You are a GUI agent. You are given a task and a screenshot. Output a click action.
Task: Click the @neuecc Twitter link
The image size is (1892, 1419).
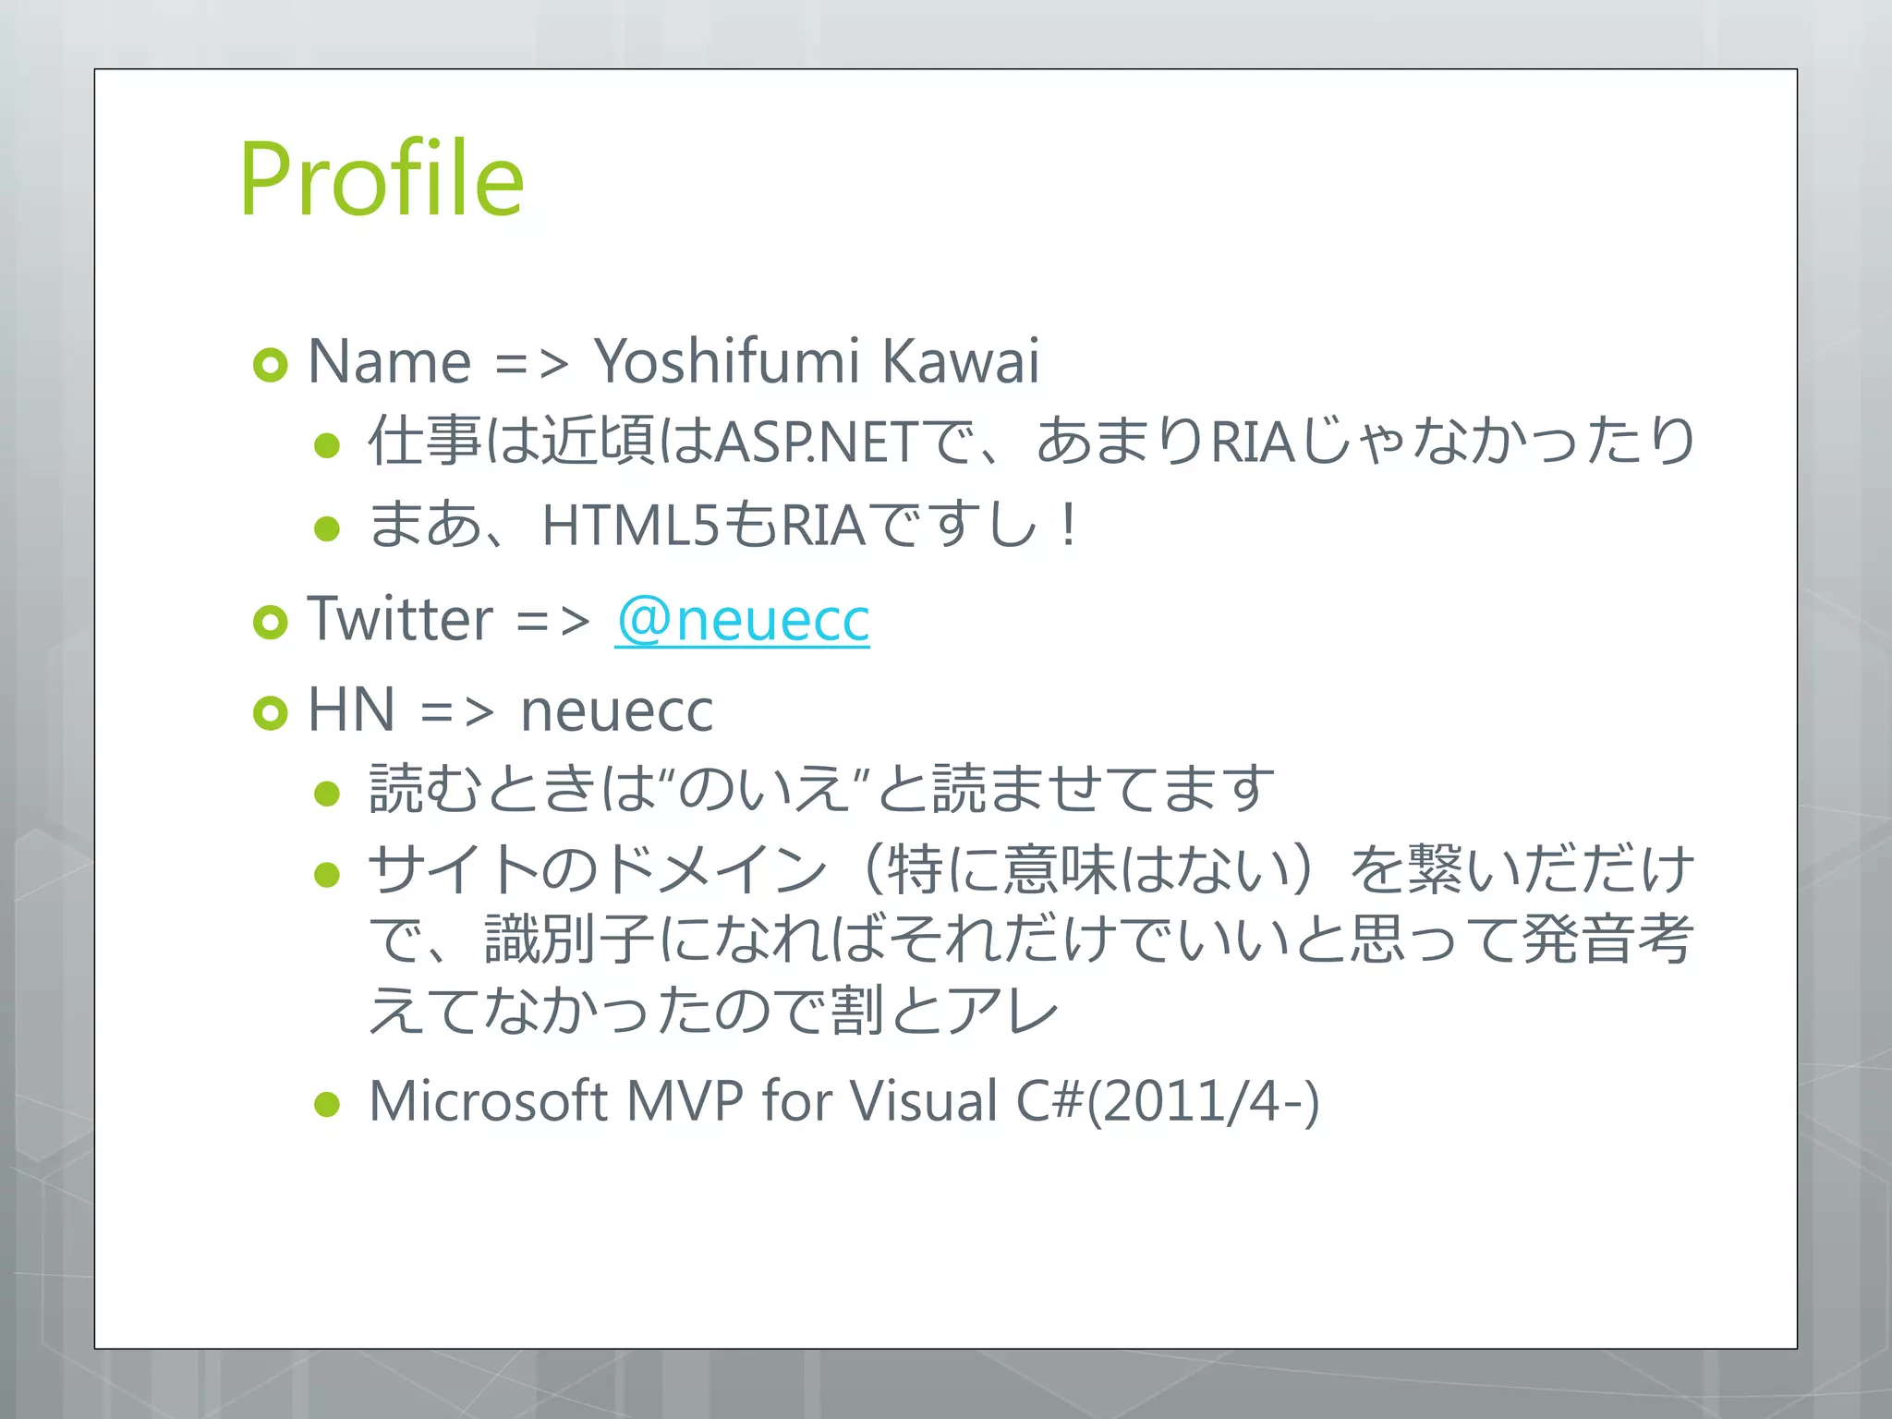742,619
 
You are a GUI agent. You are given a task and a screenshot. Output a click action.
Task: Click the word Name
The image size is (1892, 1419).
389,361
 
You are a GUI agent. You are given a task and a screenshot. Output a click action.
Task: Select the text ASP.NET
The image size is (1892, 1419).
817,442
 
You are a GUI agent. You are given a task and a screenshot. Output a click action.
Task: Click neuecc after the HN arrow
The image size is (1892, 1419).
616,710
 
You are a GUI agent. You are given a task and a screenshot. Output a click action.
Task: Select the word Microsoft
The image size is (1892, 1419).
487,1101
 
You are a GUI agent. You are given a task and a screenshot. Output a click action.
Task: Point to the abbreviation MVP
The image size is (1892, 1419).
685,1101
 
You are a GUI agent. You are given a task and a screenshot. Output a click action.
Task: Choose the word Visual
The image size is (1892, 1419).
923,1101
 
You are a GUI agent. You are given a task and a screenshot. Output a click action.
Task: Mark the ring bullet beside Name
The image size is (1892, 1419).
270,365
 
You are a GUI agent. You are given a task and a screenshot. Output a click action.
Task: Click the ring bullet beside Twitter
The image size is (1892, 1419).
270,623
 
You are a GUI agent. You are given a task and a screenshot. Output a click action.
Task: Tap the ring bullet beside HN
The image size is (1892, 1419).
270,713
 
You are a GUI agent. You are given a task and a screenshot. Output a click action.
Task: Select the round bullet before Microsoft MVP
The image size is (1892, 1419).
327,1104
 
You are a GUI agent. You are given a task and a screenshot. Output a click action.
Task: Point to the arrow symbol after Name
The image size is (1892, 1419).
531,362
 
